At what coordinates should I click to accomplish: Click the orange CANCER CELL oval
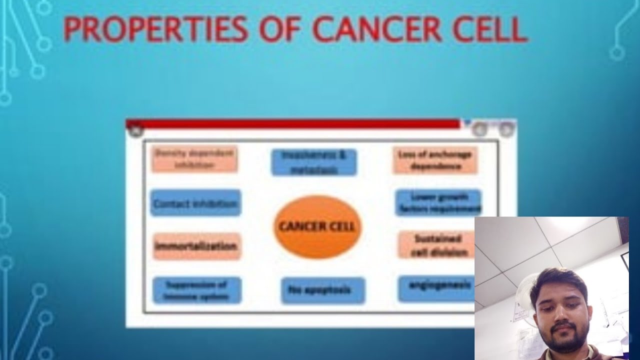(x=316, y=226)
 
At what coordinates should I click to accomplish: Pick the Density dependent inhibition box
(x=194, y=159)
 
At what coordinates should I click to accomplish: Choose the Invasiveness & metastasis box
(x=314, y=162)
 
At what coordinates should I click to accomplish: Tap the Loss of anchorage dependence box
(x=434, y=160)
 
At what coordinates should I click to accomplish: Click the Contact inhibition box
(x=195, y=203)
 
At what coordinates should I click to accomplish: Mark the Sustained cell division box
(x=435, y=245)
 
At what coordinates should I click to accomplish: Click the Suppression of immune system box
(x=196, y=290)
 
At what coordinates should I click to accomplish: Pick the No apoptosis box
(x=322, y=290)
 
